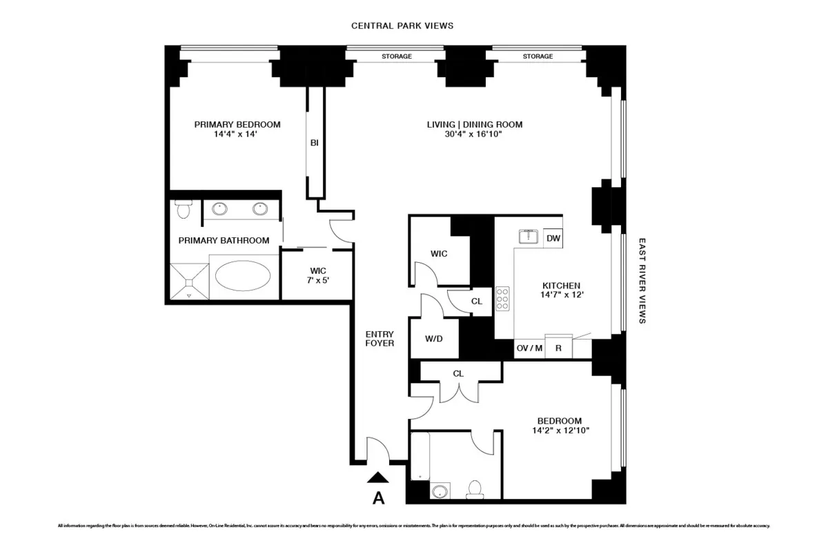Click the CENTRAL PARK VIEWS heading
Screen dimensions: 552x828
pos(402,26)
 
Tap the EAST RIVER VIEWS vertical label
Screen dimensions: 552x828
pos(642,282)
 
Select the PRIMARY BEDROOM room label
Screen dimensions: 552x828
pos(237,124)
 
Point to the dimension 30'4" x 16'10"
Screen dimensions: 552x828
pos(473,135)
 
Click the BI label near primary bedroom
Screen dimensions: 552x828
pos(315,143)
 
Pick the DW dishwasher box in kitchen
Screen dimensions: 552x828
pos(553,238)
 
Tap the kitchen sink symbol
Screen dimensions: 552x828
pos(529,237)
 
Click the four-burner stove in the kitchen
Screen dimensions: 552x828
pos(503,299)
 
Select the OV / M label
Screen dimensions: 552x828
pos(530,348)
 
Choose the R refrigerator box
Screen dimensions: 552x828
pos(558,348)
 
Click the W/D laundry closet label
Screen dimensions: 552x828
pos(433,339)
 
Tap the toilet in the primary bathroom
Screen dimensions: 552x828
pos(183,209)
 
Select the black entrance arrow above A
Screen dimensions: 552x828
pos(378,477)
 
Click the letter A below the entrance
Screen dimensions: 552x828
pos(378,497)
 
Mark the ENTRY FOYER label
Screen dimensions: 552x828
pos(379,338)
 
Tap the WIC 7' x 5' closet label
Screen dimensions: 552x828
pos(317,275)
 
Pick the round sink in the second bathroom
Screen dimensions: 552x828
pos(439,491)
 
